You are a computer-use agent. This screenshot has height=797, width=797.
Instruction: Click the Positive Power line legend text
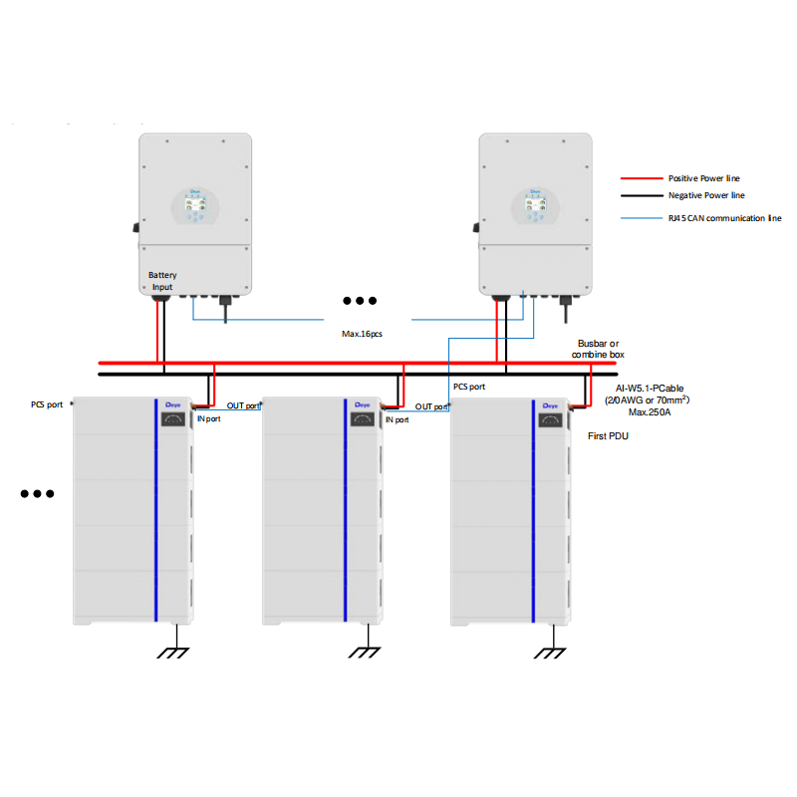703,177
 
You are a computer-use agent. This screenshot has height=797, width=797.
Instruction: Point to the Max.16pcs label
362,334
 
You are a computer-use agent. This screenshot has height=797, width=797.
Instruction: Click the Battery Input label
162,280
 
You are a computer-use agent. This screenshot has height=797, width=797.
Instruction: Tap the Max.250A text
649,412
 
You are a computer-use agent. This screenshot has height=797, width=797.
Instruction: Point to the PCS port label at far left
47,404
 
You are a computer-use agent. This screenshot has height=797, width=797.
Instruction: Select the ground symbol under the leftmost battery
176,654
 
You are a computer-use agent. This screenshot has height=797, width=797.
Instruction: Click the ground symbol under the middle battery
365,654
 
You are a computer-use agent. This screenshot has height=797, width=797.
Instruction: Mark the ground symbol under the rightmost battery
551,654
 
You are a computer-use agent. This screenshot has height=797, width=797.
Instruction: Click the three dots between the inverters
360,300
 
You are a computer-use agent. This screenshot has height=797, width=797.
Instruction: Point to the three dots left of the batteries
37,493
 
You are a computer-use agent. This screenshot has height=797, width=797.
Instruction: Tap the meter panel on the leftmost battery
172,420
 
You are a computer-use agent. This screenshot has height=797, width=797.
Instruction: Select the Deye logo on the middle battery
360,405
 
